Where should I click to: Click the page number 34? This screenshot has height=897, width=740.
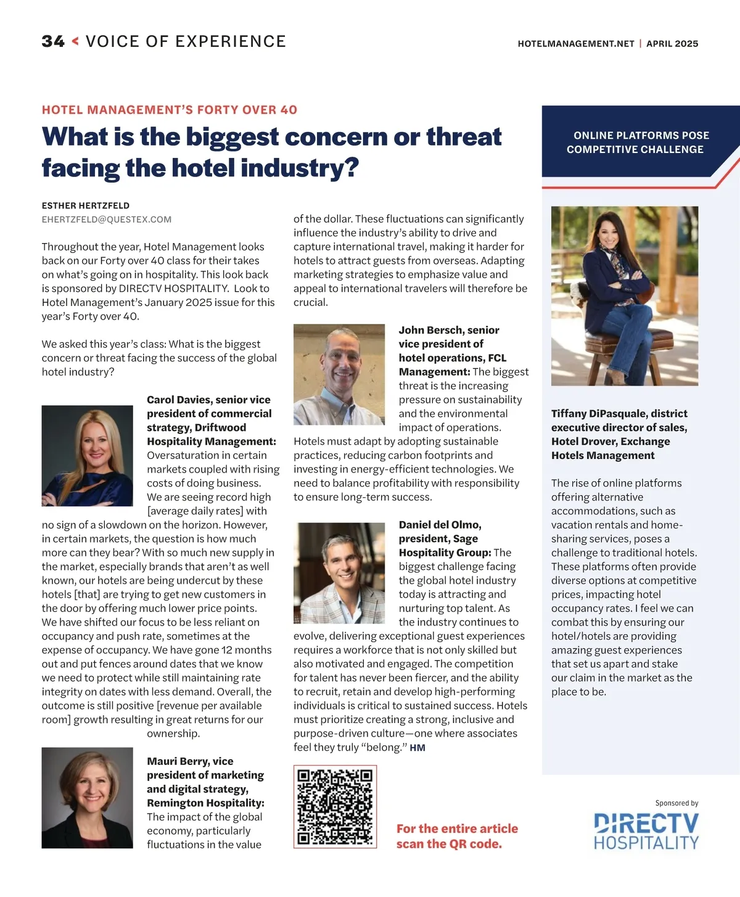53,41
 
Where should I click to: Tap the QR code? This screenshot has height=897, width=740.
335,806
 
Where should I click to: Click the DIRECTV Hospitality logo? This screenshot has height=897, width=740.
646,830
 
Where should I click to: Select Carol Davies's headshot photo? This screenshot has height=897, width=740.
87,455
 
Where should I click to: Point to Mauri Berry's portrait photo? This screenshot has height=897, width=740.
87,798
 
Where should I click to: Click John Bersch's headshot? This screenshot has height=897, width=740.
339,374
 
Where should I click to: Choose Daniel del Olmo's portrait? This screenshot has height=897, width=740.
339,573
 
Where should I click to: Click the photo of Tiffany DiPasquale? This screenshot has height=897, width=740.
625,296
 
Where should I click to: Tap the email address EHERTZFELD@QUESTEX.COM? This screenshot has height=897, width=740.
107,220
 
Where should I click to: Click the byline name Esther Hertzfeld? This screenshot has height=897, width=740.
86,205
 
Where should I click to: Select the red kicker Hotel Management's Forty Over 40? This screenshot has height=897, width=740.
170,110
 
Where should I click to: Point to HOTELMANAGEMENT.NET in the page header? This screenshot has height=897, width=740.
576,44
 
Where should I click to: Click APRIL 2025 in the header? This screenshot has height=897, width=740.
672,44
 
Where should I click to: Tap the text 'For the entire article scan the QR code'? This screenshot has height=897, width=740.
457,836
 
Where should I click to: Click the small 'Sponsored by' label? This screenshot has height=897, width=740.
676,803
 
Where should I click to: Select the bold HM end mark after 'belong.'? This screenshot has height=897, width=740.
417,748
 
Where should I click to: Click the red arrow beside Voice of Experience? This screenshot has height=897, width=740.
75,41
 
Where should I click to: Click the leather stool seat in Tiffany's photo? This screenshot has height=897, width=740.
623,337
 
